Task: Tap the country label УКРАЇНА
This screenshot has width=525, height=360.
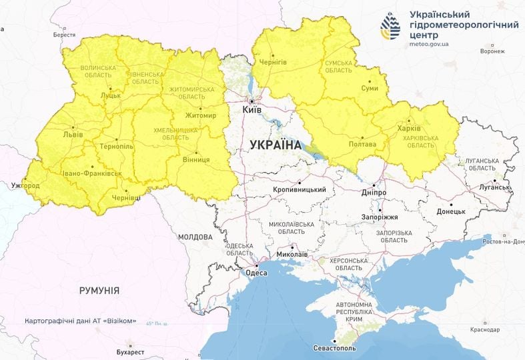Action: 276,145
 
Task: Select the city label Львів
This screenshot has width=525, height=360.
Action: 73,134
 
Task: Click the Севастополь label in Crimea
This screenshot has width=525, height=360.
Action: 340,349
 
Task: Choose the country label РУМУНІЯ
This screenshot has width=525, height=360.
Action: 99,291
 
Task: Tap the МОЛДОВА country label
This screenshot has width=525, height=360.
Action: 195,237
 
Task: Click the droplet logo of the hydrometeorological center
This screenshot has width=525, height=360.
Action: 392,26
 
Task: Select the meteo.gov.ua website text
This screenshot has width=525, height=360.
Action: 429,44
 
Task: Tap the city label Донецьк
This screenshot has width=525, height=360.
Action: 450,212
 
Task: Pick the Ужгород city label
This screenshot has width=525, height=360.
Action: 25,185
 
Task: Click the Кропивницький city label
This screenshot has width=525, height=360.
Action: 300,190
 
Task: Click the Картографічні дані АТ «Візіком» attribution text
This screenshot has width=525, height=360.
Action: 81,321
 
